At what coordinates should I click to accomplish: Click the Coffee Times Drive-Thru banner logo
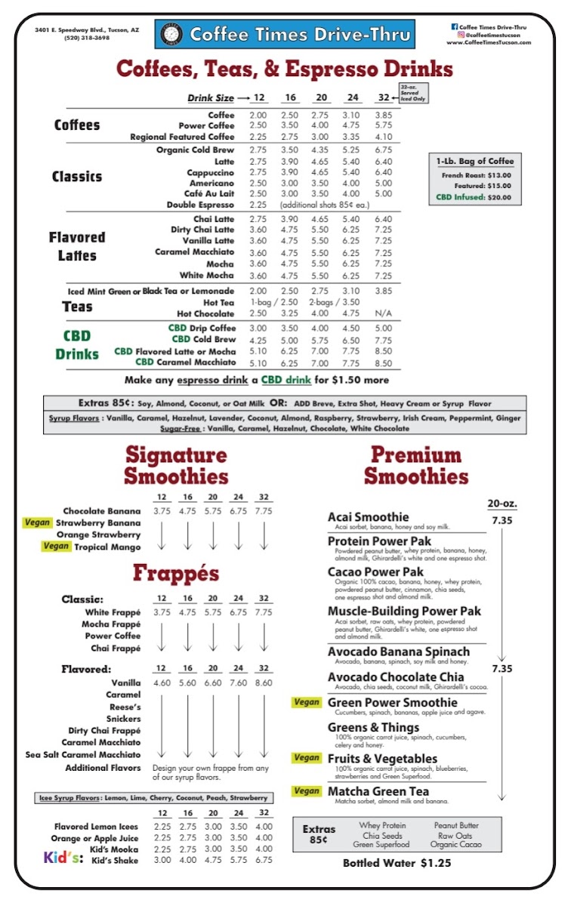[x=285, y=34]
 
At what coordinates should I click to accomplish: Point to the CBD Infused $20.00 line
[x=473, y=197]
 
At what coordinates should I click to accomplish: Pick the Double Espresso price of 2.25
[x=258, y=205]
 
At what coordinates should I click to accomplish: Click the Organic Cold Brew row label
[x=196, y=149]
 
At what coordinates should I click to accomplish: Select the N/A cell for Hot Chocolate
[x=384, y=313]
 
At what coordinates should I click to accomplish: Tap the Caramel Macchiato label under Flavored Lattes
[x=195, y=252]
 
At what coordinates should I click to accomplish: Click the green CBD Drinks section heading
[x=77, y=344]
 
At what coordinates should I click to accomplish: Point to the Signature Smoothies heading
[x=176, y=466]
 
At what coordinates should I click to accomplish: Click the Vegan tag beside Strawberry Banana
[x=36, y=522]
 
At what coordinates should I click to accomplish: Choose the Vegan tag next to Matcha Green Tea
[x=307, y=790]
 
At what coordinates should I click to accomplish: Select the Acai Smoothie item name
[x=368, y=517]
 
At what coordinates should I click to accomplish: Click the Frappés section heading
[x=176, y=573]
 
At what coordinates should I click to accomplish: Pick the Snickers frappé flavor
[x=123, y=719]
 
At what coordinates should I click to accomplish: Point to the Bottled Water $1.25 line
[x=397, y=862]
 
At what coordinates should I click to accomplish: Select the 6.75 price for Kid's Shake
[x=264, y=860]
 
